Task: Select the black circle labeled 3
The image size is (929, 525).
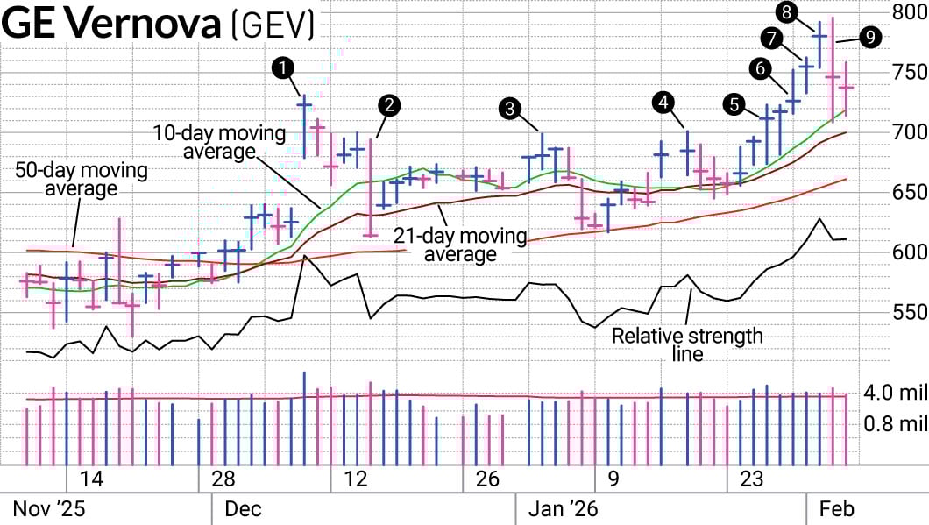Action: [x=509, y=109]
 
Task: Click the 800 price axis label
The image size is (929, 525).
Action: [x=908, y=12]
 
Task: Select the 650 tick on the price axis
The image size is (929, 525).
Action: [x=908, y=193]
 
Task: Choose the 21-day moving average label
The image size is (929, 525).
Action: [x=460, y=245]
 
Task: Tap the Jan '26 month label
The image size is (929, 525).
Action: [x=561, y=508]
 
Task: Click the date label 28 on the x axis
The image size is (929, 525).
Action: [x=223, y=479]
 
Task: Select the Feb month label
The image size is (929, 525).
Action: [x=836, y=508]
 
